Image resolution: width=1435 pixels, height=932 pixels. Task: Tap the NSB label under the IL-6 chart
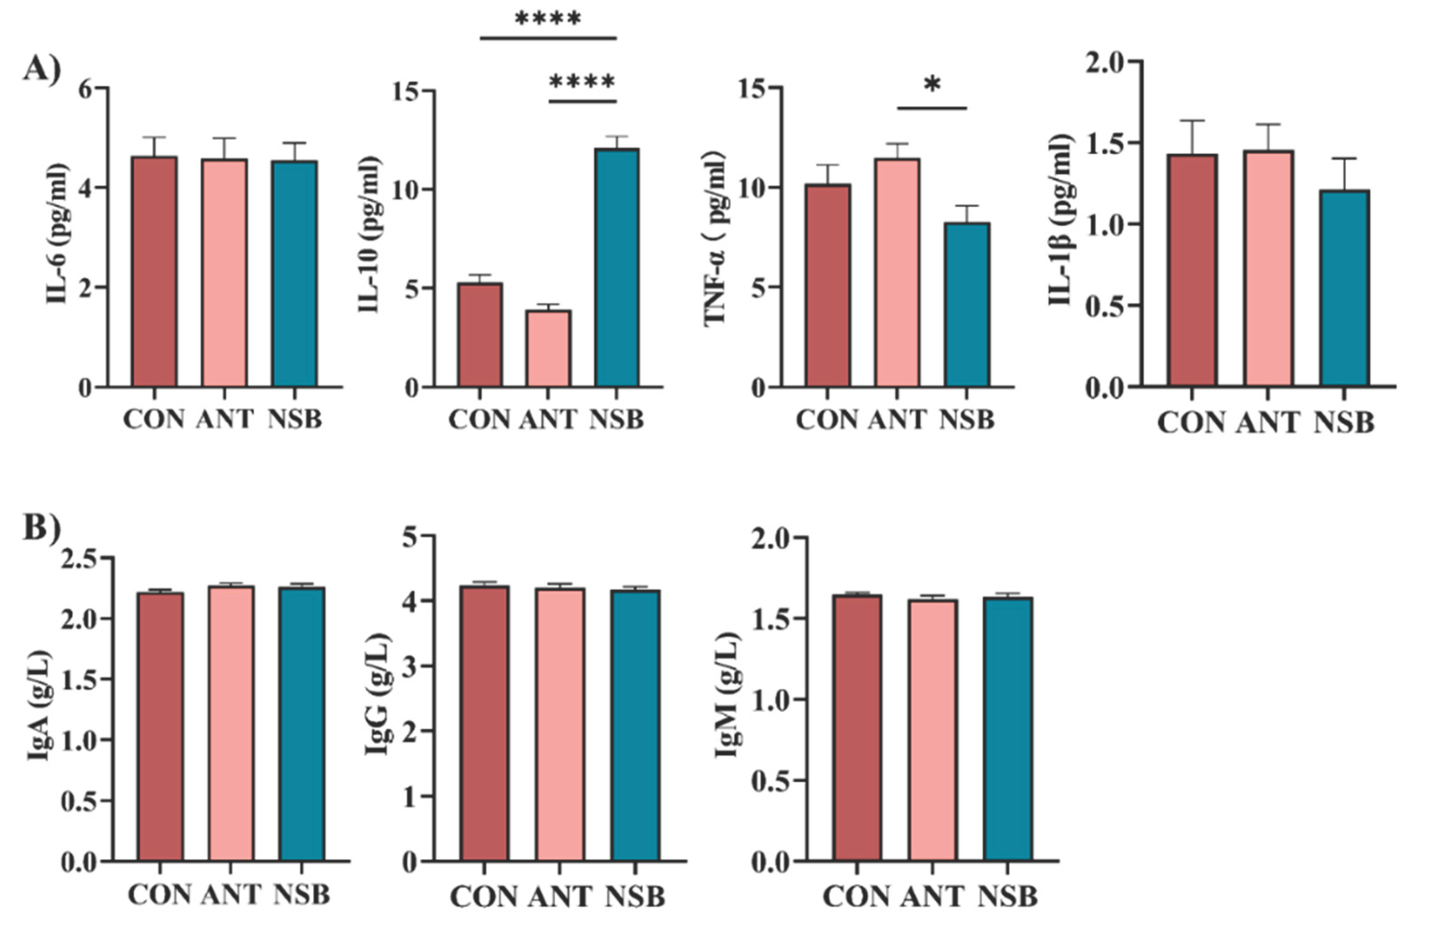click(x=294, y=419)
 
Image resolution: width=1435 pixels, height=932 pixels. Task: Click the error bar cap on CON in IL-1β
click(x=1192, y=121)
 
